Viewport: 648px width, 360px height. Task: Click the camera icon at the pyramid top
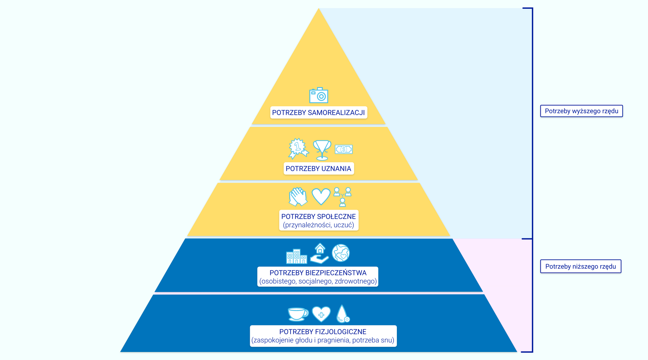(x=319, y=95)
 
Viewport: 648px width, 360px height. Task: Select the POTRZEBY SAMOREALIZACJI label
(x=318, y=113)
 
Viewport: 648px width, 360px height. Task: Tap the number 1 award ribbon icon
(x=298, y=148)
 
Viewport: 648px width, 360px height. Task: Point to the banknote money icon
(x=344, y=149)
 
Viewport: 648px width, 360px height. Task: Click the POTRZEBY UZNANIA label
(x=318, y=169)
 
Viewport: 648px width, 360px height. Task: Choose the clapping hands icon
(x=298, y=197)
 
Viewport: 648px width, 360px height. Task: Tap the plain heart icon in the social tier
(x=321, y=196)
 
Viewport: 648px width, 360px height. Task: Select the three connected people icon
(x=343, y=197)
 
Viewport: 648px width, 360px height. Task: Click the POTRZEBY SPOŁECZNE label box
(x=319, y=221)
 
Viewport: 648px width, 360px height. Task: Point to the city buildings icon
(x=296, y=256)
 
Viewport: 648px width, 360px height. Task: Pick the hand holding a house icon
(x=319, y=254)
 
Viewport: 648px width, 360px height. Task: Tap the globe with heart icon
(x=341, y=253)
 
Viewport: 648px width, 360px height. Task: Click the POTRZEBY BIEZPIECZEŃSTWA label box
(x=318, y=277)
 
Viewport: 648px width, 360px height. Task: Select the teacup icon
(x=298, y=314)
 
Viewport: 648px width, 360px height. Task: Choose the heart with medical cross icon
(x=321, y=314)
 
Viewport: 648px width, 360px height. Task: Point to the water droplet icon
(x=343, y=314)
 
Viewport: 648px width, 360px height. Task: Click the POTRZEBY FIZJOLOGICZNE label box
(x=323, y=336)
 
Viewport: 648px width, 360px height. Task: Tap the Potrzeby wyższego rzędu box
(x=581, y=111)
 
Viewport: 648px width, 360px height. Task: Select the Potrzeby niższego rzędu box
(x=580, y=267)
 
